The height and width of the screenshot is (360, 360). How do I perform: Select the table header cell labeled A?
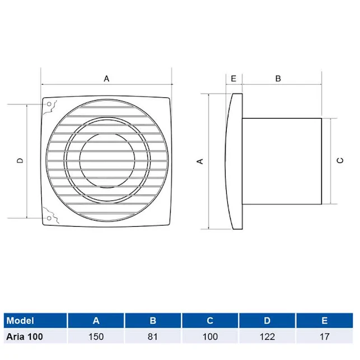[96, 321]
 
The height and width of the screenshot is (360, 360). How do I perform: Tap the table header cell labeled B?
[153, 321]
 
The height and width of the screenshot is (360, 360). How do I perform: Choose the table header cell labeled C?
[210, 321]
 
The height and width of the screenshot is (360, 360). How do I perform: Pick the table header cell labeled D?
[267, 321]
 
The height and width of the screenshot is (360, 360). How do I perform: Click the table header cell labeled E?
[325, 321]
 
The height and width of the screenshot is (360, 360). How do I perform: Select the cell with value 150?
[96, 336]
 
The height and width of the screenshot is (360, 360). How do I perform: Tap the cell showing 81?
[153, 336]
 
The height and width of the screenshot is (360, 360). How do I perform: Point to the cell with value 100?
[210, 336]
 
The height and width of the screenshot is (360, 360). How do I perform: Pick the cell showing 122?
[267, 336]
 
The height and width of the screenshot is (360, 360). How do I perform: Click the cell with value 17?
[325, 336]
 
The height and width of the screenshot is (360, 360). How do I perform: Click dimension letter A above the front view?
[106, 79]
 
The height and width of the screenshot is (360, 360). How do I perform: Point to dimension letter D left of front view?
[20, 161]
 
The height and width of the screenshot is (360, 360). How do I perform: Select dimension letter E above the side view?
[233, 79]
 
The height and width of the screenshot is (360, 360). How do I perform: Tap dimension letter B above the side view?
[278, 79]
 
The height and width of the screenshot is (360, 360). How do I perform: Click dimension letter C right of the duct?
[339, 161]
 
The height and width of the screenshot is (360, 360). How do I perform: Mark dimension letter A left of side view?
[200, 161]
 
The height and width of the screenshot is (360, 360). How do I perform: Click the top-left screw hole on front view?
[50, 105]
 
